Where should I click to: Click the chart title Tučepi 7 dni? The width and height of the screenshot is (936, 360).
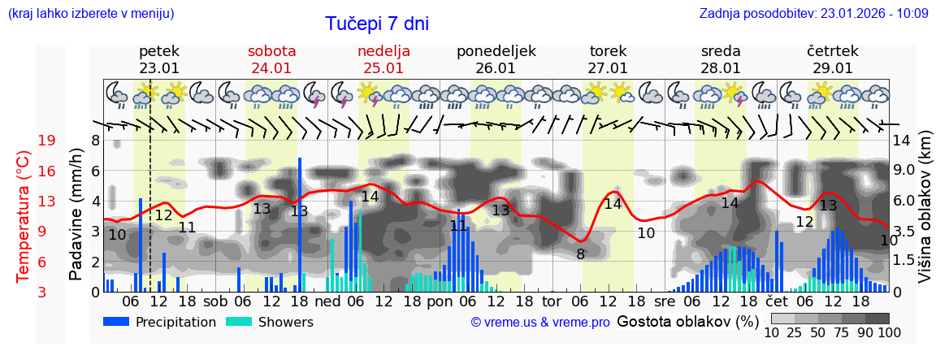(377, 24)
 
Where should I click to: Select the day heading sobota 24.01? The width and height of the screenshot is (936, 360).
(271, 59)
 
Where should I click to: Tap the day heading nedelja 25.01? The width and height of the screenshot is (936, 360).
(383, 59)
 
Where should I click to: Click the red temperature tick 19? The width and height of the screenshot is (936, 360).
(46, 141)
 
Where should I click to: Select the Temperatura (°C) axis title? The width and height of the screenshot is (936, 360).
(23, 215)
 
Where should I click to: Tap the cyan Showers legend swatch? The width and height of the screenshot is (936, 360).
(238, 322)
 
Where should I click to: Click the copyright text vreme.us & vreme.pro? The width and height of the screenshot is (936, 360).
(540, 323)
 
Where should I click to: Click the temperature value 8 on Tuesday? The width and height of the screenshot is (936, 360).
(580, 254)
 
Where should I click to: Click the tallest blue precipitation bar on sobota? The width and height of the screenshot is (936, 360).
(300, 224)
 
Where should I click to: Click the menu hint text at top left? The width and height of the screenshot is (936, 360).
(90, 13)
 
